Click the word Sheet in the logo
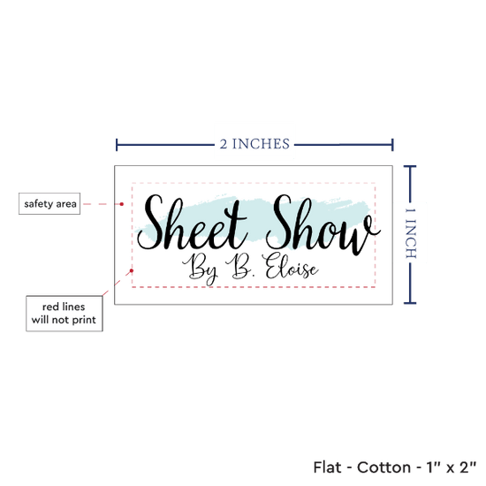coord(192,222)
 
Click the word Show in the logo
coord(323,224)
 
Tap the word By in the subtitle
coord(201,269)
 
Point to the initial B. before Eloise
coord(239,266)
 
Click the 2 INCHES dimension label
coord(254,144)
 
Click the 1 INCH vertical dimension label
coord(411,233)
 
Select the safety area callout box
coord(49,203)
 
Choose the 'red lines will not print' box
coord(65,314)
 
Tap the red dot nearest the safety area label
coord(122,204)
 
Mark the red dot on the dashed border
coord(132,270)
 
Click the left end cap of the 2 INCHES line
coord(117,145)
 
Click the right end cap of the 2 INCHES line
coord(392,145)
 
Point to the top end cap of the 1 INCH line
coord(410,167)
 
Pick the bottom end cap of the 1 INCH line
coord(410,303)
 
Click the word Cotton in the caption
coord(384,467)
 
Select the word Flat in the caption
coord(327,467)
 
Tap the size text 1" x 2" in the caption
coord(452,467)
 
